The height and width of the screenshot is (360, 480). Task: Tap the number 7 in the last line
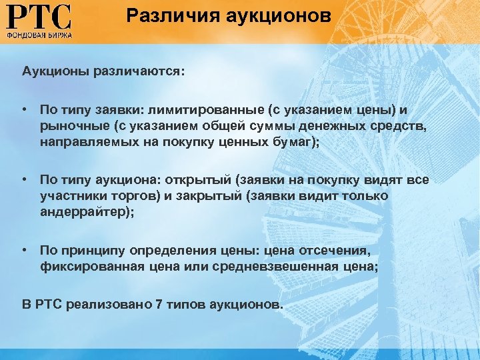click(158, 305)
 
